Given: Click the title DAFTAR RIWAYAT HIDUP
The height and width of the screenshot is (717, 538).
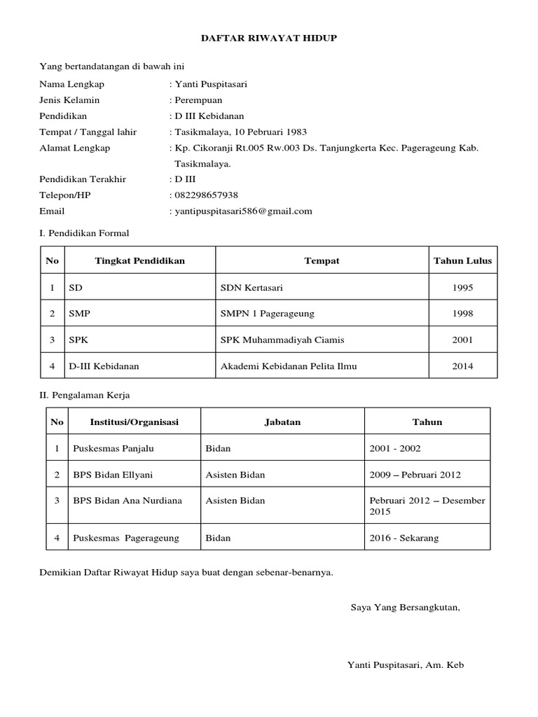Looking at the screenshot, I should (x=269, y=39).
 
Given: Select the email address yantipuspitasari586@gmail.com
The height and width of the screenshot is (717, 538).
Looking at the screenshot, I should (x=242, y=211).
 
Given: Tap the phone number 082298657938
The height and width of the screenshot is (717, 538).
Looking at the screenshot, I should (x=206, y=195).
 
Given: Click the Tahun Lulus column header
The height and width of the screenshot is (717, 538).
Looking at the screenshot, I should (x=462, y=261).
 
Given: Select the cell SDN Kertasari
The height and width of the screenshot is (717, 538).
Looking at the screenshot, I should (x=251, y=287).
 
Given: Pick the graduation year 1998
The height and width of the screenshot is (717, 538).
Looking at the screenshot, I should (x=462, y=314).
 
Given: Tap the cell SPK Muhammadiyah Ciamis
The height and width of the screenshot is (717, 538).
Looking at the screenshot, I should (x=282, y=340).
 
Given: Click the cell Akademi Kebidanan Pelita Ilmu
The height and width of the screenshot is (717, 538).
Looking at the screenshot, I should (x=288, y=366).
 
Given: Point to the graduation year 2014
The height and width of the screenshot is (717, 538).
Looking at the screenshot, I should (x=462, y=366).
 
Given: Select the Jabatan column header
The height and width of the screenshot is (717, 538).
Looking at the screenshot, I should (x=282, y=422).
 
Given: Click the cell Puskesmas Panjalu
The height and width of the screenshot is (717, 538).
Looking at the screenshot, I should (x=107, y=448).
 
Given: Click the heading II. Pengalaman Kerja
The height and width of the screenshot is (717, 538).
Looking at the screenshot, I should (x=84, y=396).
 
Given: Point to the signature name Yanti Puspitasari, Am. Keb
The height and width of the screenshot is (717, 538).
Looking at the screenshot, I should (x=406, y=665).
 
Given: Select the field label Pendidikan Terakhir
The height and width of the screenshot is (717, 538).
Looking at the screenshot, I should (x=83, y=179).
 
